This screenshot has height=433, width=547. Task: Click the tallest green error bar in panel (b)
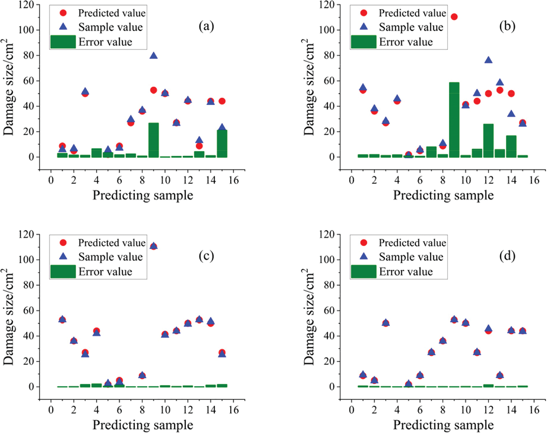[x=454, y=120]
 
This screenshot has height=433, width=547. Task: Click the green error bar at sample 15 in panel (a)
[x=222, y=144]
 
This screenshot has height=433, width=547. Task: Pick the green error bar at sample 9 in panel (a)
[x=154, y=140]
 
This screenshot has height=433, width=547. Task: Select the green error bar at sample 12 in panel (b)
[x=488, y=141]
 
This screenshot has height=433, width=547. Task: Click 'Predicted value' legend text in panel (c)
[x=112, y=243]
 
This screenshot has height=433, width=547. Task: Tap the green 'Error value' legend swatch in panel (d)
[x=363, y=271]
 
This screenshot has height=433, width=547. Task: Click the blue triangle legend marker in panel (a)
[x=63, y=27]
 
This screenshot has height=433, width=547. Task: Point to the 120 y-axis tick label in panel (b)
[x=327, y=5]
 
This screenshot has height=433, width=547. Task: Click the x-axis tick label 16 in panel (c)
[x=233, y=410]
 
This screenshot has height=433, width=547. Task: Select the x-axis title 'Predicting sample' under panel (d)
[x=443, y=425]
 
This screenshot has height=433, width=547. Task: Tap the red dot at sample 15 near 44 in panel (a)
[x=222, y=101]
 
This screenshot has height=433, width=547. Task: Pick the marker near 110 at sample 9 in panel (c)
[x=154, y=246]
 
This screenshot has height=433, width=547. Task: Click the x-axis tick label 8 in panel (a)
[x=142, y=180]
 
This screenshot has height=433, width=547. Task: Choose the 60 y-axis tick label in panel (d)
[x=329, y=310]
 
